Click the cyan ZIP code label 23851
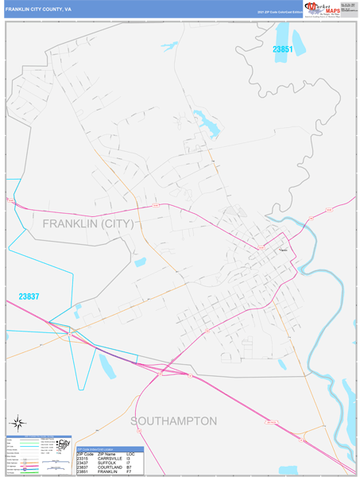click(x=283, y=49)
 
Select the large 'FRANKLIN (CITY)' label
click(x=87, y=223)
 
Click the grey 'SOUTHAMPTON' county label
click(x=174, y=420)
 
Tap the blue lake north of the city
click(x=208, y=123)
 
